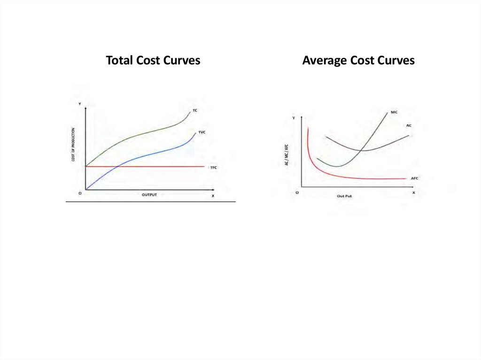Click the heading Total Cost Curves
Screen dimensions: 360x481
coord(153,61)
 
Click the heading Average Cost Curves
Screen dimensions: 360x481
coord(358,61)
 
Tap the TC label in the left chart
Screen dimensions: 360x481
coord(194,111)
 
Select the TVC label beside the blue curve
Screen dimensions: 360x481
coord(202,132)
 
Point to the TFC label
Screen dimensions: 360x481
coord(213,167)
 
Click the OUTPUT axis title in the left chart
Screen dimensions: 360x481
coord(149,194)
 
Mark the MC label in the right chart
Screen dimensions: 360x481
coord(394,113)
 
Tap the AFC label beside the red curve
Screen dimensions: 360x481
coord(414,178)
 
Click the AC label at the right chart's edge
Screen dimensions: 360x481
coord(409,125)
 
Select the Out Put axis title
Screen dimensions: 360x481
coord(344,196)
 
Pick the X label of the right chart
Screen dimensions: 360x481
coord(414,192)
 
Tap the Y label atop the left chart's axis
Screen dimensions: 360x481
coord(80,103)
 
